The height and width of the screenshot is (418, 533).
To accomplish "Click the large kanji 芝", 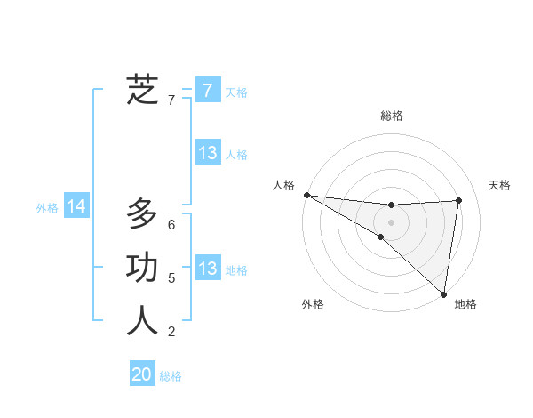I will pyautogui.click(x=142, y=89).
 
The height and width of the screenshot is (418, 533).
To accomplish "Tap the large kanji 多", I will pyautogui.click(x=142, y=214).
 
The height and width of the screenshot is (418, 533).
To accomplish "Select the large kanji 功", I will pyautogui.click(x=142, y=268).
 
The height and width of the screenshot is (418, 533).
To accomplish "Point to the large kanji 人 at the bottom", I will pyautogui.click(x=142, y=321).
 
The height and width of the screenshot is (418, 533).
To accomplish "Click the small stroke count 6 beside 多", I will pyautogui.click(x=171, y=225).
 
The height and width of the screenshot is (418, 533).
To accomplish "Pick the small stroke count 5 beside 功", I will pyautogui.click(x=171, y=278).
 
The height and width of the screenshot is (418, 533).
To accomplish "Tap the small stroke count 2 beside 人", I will pyautogui.click(x=171, y=332).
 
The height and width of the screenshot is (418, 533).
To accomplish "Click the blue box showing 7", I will pyautogui.click(x=207, y=90).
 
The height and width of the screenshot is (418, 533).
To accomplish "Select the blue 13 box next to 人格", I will pyautogui.click(x=207, y=152).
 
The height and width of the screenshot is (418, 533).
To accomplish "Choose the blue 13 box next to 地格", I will pyautogui.click(x=207, y=268).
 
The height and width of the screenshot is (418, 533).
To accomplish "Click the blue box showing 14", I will pyautogui.click(x=76, y=206).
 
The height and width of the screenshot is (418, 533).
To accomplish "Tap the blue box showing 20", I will pyautogui.click(x=142, y=374).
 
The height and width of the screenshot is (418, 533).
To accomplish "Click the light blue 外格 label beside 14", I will pyautogui.click(x=47, y=208).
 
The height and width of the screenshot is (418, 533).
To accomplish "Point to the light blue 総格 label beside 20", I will pyautogui.click(x=171, y=376).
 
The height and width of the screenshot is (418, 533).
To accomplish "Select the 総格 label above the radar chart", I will pyautogui.click(x=392, y=116).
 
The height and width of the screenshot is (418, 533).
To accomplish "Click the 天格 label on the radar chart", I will pyautogui.click(x=499, y=185).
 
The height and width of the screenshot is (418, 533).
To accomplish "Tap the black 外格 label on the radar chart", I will pyautogui.click(x=313, y=304).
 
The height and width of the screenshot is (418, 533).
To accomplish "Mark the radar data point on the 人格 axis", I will pyautogui.click(x=306, y=194).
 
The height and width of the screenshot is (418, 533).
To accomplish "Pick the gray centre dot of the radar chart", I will pyautogui.click(x=391, y=221).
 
